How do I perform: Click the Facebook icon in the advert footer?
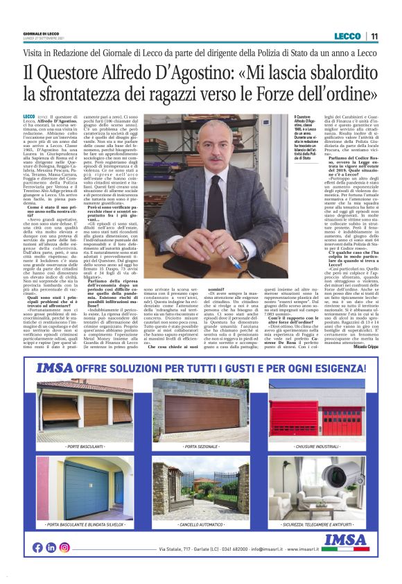coord(37,547)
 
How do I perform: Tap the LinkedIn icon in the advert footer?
coord(51,547)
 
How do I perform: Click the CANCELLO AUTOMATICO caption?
coord(200,525)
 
